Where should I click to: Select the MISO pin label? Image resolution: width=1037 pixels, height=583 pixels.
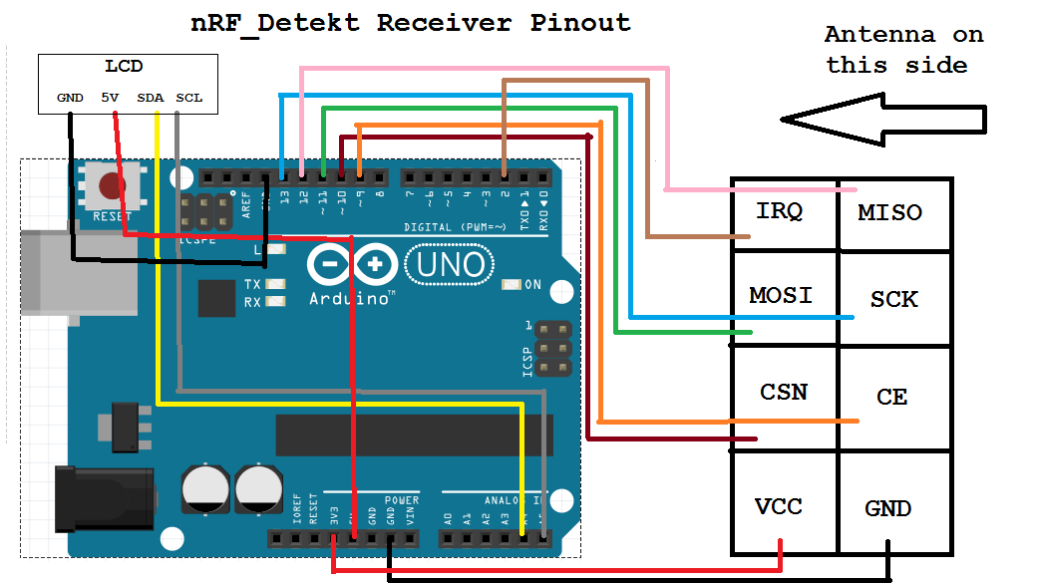click(x=889, y=212)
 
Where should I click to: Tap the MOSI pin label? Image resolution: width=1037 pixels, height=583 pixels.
click(x=781, y=295)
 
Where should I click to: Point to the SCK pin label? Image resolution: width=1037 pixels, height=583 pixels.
click(x=893, y=299)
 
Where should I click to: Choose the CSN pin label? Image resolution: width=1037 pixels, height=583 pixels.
click(x=783, y=392)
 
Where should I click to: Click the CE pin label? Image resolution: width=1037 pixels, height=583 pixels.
click(x=891, y=397)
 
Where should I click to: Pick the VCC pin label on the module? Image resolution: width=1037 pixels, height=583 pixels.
click(x=779, y=506)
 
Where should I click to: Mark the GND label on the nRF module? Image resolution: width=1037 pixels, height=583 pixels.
click(x=887, y=509)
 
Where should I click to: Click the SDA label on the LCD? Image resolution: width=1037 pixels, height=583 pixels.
click(x=151, y=98)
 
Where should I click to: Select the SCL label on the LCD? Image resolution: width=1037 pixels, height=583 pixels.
click(x=188, y=98)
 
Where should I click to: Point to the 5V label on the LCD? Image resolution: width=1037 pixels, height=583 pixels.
click(x=110, y=98)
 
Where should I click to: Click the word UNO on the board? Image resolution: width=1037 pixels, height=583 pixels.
click(x=451, y=265)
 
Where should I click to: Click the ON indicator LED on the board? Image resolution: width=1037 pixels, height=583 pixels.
click(x=512, y=285)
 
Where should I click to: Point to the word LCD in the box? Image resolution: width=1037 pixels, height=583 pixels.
click(x=124, y=67)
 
